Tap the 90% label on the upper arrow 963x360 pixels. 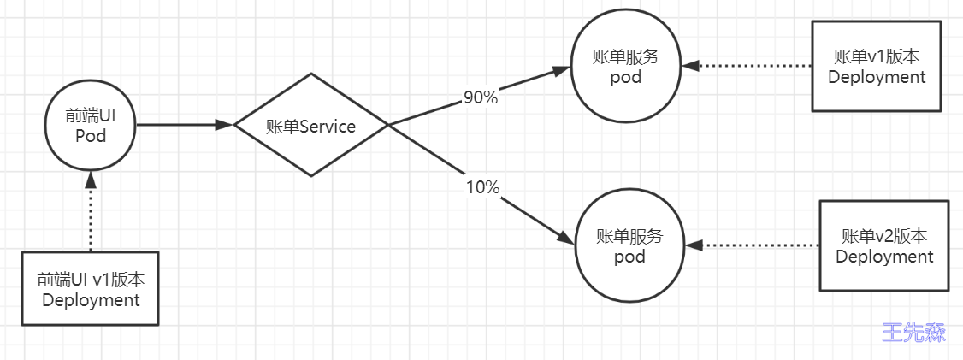point(481,97)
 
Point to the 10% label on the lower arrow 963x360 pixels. point(482,187)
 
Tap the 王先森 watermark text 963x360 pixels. point(914,333)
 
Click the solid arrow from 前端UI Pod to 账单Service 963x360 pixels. point(185,125)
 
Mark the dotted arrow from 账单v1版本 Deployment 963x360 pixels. point(747,66)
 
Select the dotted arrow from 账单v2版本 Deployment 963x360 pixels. point(753,245)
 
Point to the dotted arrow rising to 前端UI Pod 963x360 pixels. point(91,210)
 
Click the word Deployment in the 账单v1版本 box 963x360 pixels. point(877,78)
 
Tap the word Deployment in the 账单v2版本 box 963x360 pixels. point(884,257)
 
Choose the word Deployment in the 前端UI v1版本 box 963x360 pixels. point(91,300)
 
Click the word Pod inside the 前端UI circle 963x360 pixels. point(91,135)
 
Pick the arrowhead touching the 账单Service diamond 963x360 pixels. point(225,125)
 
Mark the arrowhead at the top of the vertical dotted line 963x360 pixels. point(91,179)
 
